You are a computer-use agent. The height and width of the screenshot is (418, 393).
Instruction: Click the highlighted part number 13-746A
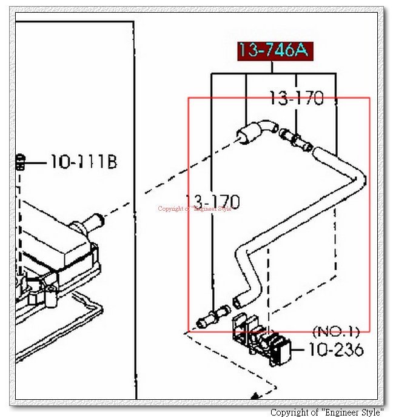coord(275,51)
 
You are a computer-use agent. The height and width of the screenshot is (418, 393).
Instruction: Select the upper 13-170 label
coord(297,98)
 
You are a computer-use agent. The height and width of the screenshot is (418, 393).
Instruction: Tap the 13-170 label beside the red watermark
coord(213,202)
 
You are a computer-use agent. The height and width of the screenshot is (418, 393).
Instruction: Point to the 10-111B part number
coord(84,162)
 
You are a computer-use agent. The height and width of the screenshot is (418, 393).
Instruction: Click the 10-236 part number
coord(336,350)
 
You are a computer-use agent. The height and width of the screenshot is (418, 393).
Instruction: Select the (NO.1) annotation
coord(336,331)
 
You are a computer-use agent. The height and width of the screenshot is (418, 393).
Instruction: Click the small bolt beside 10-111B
coord(20,162)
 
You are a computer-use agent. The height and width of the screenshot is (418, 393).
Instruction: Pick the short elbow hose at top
coord(257,131)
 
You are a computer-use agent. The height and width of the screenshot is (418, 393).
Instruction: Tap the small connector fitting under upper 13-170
coord(296,139)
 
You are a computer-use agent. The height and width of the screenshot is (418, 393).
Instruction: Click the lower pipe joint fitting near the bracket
coord(213,316)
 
